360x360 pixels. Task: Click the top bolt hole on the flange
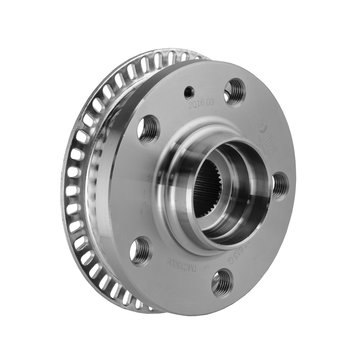235,92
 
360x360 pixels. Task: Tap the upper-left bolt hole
148,128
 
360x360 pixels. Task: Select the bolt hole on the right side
280,184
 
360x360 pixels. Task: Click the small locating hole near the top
190,93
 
